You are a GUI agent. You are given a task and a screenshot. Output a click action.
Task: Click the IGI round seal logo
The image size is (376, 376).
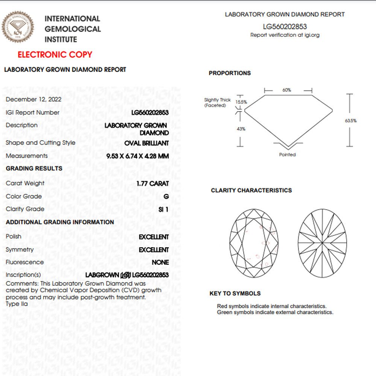(x=18, y=27)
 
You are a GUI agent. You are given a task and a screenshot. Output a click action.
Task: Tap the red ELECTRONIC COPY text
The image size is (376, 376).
(x=55, y=55)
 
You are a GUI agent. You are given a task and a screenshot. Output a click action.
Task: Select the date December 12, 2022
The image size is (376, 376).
(x=33, y=99)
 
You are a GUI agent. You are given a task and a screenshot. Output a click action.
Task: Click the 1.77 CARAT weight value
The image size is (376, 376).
(x=153, y=184)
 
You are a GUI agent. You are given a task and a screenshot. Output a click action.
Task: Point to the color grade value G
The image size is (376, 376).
(x=166, y=197)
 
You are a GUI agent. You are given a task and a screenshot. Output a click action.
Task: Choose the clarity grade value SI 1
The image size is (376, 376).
(x=164, y=209)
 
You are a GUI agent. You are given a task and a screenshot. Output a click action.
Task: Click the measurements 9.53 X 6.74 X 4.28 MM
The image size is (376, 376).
(x=138, y=156)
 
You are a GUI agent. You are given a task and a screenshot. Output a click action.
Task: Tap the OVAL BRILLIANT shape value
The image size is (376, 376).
(x=147, y=143)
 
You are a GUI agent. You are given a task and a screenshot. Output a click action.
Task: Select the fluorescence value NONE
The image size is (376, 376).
(x=160, y=262)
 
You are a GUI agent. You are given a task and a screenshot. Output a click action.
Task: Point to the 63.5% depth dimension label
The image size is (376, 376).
(x=350, y=121)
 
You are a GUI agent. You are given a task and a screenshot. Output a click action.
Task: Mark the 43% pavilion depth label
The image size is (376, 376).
(x=241, y=129)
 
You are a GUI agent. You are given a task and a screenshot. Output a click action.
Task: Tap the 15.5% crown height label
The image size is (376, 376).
(x=241, y=102)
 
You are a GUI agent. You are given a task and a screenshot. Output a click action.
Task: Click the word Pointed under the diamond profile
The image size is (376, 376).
(x=287, y=155)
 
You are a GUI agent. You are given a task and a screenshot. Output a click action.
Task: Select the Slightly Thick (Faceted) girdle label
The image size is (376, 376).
(x=217, y=103)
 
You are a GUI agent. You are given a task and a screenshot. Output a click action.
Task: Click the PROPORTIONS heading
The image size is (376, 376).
(x=230, y=73)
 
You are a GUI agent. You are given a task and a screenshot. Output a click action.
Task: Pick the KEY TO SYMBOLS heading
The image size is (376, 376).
(x=235, y=294)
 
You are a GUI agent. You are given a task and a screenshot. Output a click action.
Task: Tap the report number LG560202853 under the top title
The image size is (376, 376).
(x=285, y=27)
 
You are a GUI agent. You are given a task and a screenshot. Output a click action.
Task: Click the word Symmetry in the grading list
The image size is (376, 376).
(x=20, y=250)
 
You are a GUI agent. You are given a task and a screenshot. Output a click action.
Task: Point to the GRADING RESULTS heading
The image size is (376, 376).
(x=34, y=168)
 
